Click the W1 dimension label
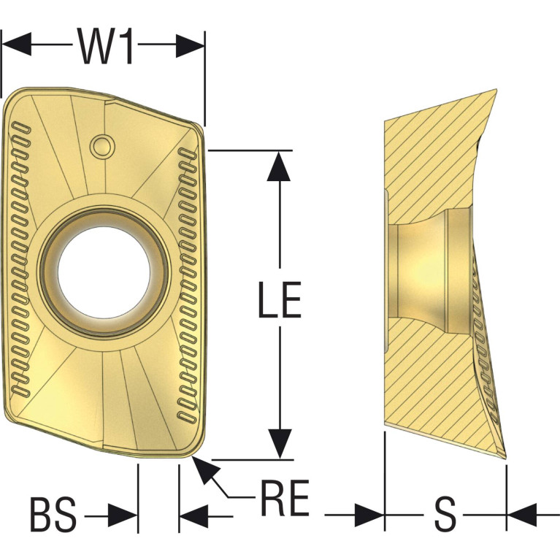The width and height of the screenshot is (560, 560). pyautogui.click(x=105, y=46)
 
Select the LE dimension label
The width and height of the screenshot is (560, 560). pyautogui.click(x=280, y=299)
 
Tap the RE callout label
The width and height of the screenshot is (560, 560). pyautogui.click(x=285, y=498)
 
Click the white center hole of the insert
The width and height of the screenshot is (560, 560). pyautogui.click(x=104, y=272)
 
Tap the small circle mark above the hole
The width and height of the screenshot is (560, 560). pyautogui.click(x=102, y=146)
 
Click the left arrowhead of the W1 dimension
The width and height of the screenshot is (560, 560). pyautogui.click(x=17, y=45)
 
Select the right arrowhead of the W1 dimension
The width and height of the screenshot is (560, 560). pyautogui.click(x=190, y=46)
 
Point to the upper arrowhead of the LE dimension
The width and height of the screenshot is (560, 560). pyautogui.click(x=279, y=166)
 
